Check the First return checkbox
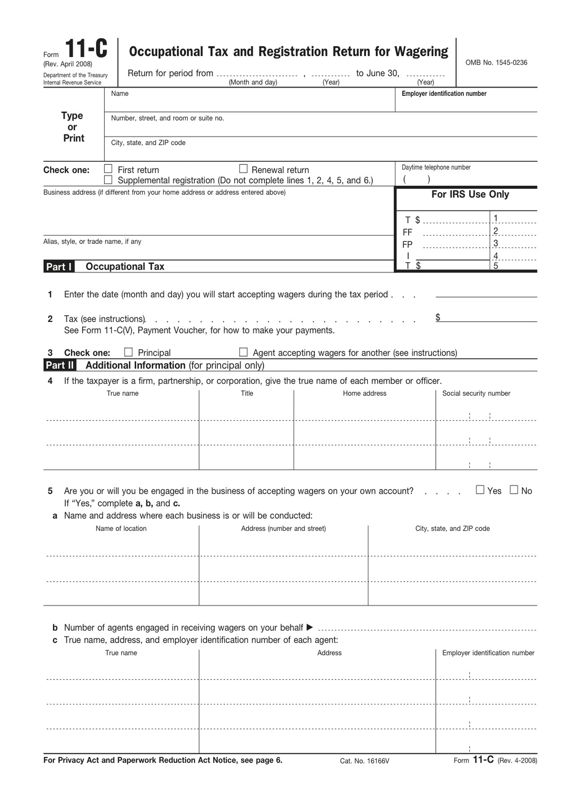[108, 169]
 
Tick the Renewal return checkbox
[243, 169]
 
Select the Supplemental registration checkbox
[108, 179]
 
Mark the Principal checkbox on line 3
[128, 352]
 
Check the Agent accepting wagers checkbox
[243, 352]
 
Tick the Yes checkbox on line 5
[480, 490]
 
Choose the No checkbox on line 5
[514, 490]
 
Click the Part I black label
[59, 266]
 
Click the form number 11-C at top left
[86, 49]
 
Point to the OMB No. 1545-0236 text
[496, 62]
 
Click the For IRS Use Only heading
[470, 195]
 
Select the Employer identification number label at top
[444, 94]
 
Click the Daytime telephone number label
[436, 167]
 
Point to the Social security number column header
[476, 393]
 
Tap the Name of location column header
[121, 529]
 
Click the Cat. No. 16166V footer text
[364, 761]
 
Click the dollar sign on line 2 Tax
[438, 318]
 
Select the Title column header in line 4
[247, 393]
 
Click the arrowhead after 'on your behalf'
[310, 627]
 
